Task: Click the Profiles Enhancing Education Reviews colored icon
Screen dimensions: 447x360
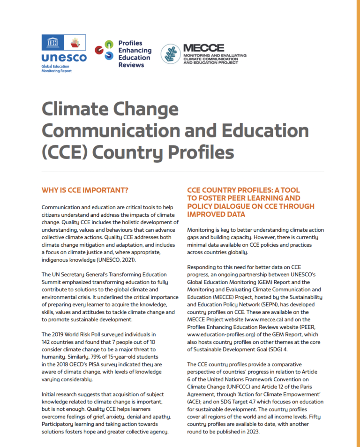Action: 104,50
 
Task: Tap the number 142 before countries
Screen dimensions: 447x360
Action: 48,342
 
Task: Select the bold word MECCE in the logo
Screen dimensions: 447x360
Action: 204,48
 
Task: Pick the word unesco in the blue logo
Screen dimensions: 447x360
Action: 64,58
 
